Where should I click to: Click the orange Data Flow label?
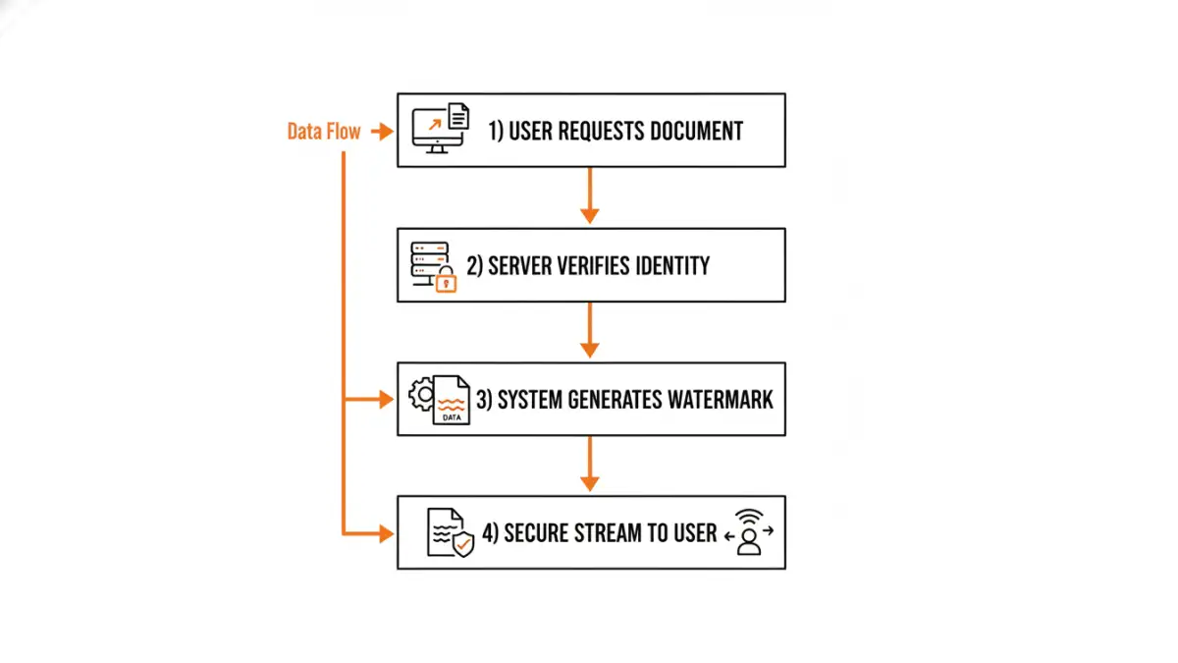point(323,132)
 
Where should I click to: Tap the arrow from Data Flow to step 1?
point(382,132)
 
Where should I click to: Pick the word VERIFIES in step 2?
point(580,265)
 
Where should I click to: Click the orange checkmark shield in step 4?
point(462,543)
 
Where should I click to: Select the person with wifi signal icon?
point(749,532)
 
